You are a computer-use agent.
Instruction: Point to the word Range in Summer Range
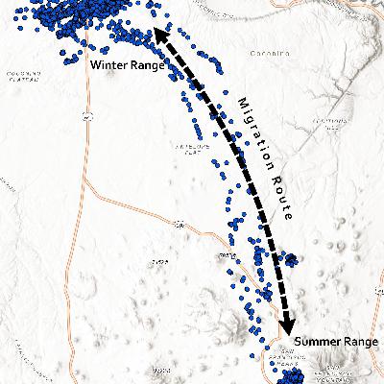pos(359,342)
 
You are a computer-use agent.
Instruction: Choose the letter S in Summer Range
pos(299,342)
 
